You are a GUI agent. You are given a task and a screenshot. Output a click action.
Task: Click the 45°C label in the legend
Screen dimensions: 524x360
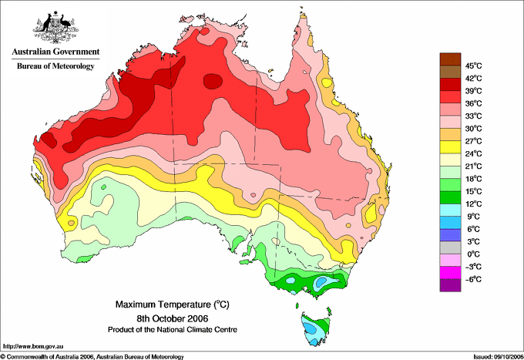(473, 66)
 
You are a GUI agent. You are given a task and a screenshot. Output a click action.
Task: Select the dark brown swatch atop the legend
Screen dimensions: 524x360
(450, 59)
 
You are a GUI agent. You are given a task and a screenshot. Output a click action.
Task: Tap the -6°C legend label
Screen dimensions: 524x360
(473, 279)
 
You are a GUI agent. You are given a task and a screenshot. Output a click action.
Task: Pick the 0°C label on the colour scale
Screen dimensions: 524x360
(473, 254)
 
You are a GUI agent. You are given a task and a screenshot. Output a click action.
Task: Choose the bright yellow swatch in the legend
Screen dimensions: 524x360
(450, 147)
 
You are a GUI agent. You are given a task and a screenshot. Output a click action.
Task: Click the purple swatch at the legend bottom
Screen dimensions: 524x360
(450, 285)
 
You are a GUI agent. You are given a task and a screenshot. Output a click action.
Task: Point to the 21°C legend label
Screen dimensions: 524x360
(473, 167)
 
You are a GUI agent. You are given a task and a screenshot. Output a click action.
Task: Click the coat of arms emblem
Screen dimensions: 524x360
(55, 27)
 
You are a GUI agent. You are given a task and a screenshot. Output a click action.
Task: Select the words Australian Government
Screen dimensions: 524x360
(55, 52)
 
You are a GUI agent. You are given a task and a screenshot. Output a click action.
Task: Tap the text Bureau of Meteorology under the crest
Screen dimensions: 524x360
(55, 66)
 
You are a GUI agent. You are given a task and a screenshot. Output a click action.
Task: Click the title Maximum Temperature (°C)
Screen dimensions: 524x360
(173, 304)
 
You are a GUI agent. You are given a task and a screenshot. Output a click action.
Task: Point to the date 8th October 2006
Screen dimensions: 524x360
(173, 318)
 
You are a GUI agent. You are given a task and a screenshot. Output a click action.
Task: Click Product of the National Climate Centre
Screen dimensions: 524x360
(173, 330)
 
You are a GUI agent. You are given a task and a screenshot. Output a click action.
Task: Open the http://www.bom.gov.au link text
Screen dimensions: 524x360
(33, 346)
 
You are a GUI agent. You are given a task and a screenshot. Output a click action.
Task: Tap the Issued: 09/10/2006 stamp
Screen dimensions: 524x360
(499, 357)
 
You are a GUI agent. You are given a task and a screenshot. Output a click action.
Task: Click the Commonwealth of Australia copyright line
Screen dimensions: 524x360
(92, 357)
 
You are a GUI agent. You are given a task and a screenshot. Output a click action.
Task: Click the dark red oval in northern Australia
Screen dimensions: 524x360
(213, 81)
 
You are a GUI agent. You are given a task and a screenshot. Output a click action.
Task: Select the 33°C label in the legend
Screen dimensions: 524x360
(473, 116)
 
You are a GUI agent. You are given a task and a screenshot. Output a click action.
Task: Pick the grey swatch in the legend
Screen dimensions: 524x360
(450, 247)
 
